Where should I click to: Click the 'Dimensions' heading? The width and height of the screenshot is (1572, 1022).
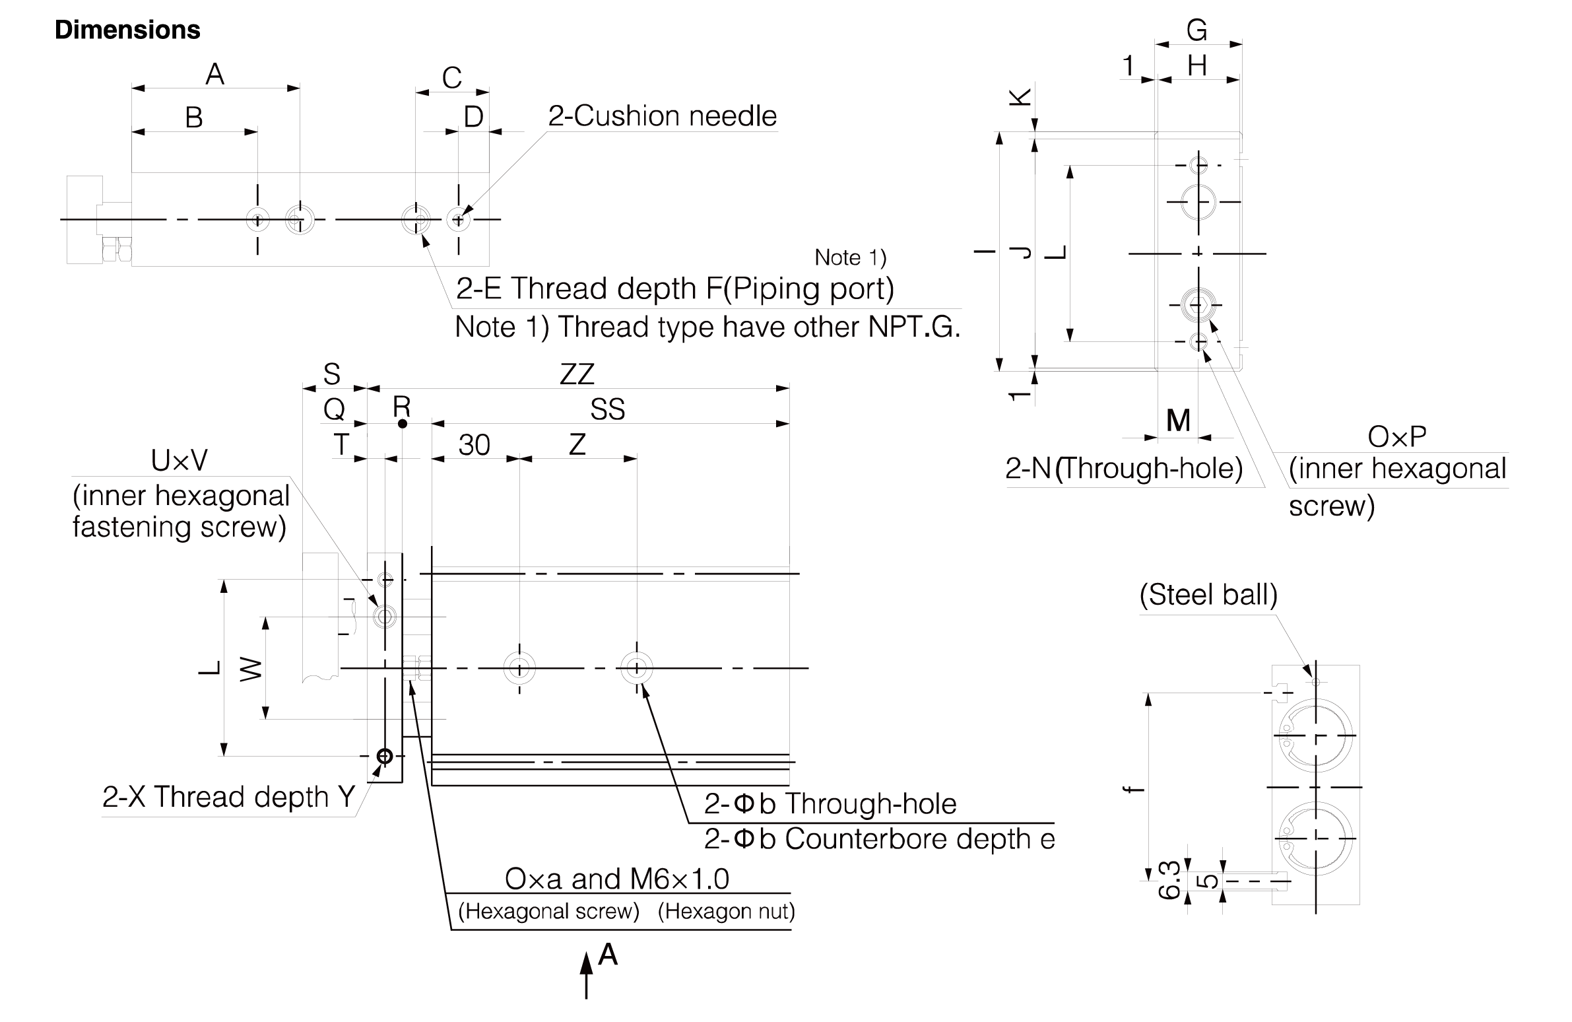point(127,30)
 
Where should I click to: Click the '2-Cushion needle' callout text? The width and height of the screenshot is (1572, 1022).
point(663,116)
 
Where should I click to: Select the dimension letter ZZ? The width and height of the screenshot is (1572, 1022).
point(577,374)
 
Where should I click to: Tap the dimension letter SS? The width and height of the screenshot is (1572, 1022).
point(607,409)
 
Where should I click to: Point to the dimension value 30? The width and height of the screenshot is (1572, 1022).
point(475,445)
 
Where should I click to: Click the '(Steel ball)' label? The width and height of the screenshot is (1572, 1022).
point(1208,595)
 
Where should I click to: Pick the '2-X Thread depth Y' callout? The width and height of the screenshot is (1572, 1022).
point(228,797)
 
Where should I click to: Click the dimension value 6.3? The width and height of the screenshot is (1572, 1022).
point(1169,880)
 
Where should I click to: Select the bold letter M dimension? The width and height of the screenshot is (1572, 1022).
point(1178,420)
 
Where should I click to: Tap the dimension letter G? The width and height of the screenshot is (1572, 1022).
point(1197,30)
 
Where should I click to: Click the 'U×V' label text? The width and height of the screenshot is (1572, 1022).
point(179,460)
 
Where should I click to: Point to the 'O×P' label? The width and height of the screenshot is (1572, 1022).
point(1397,436)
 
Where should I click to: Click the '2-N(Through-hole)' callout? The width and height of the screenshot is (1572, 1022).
point(1124,468)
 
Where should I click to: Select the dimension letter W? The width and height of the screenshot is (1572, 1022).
point(251,670)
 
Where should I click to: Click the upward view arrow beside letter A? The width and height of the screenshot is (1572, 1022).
point(586,974)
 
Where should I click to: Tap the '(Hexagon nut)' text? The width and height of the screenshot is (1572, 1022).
point(727,912)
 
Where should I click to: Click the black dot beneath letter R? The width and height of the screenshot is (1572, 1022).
point(403,423)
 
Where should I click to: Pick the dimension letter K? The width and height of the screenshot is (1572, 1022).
point(1021,98)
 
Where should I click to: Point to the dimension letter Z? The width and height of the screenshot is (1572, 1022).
point(577,444)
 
